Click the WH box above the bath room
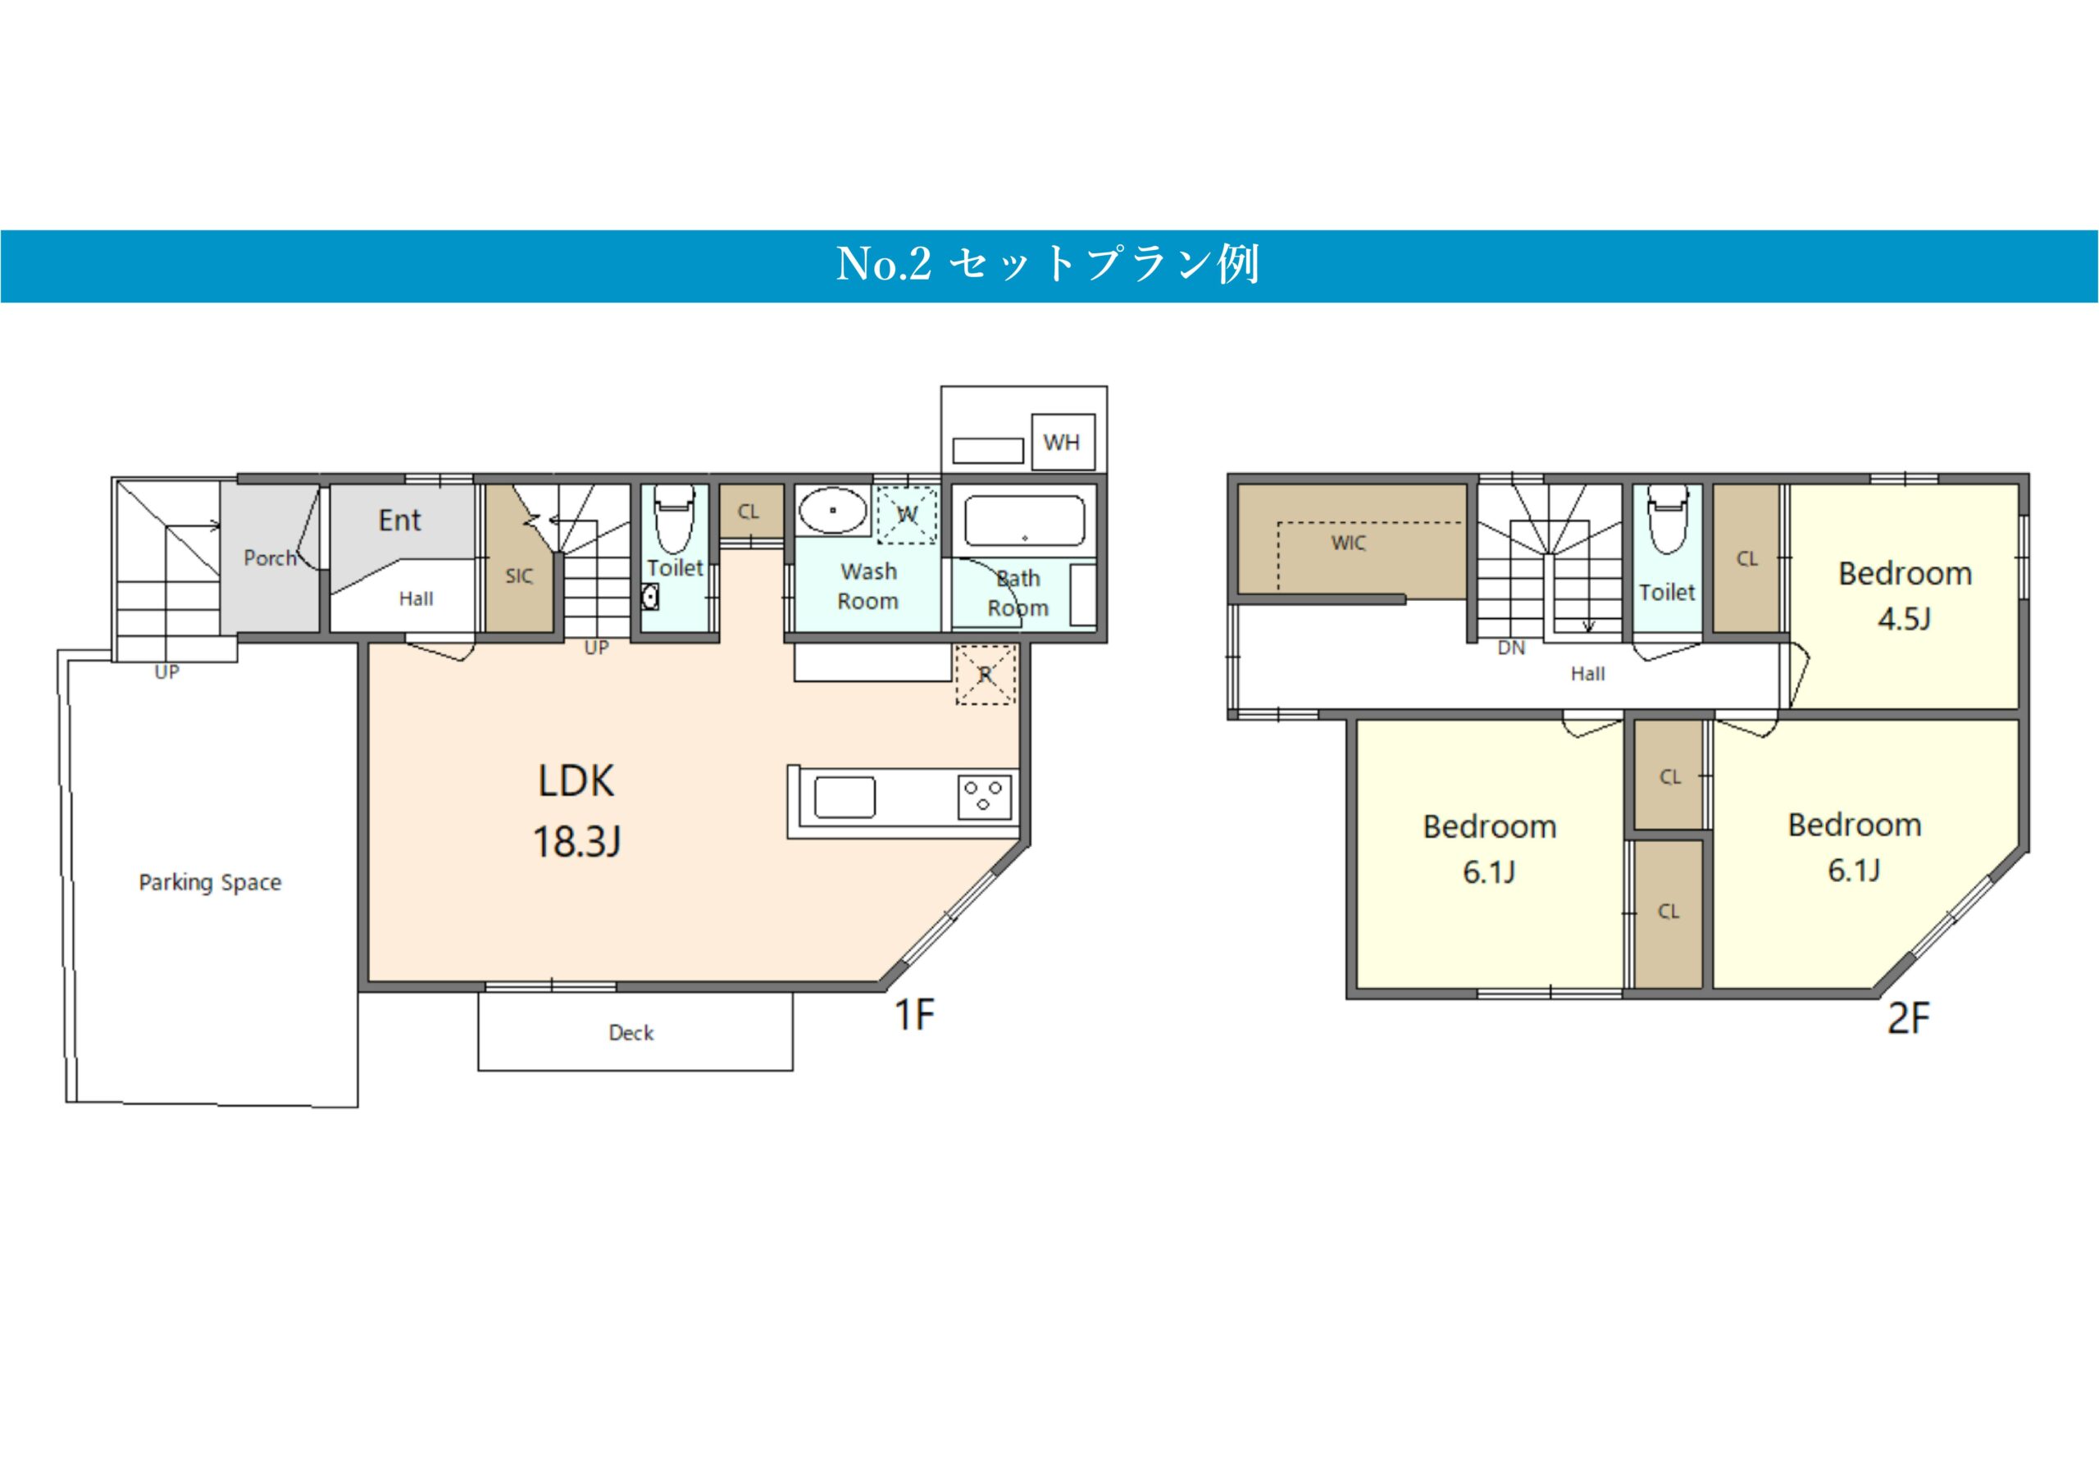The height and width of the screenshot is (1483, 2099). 1063,442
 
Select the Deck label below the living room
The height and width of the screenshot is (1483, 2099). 631,1032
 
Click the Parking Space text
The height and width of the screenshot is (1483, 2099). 210,882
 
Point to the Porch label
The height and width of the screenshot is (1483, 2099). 271,557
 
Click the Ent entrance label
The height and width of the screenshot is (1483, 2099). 399,521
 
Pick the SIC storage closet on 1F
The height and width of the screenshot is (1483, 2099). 518,557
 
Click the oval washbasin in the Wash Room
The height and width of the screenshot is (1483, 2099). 833,510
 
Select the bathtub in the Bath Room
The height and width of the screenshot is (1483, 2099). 1025,521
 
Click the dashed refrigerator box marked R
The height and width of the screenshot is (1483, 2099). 986,675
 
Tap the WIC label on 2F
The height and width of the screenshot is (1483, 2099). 1349,543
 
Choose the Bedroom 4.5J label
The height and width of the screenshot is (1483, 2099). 1905,596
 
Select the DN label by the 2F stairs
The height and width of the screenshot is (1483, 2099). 1511,648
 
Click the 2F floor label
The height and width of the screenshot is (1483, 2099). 1909,1018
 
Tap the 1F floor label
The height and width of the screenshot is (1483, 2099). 914,1015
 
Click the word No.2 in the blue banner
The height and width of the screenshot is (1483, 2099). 883,264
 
